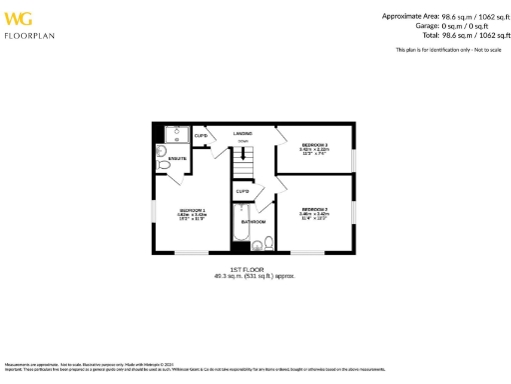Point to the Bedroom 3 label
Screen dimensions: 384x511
pos(314,147)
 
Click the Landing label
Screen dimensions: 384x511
pos(242,133)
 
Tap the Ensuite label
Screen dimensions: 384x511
pos(176,159)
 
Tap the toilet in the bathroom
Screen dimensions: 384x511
pos(258,243)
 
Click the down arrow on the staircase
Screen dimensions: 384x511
pos(243,151)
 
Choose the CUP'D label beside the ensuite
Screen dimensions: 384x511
pos(201,136)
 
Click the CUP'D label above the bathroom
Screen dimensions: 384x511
pos(242,191)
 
